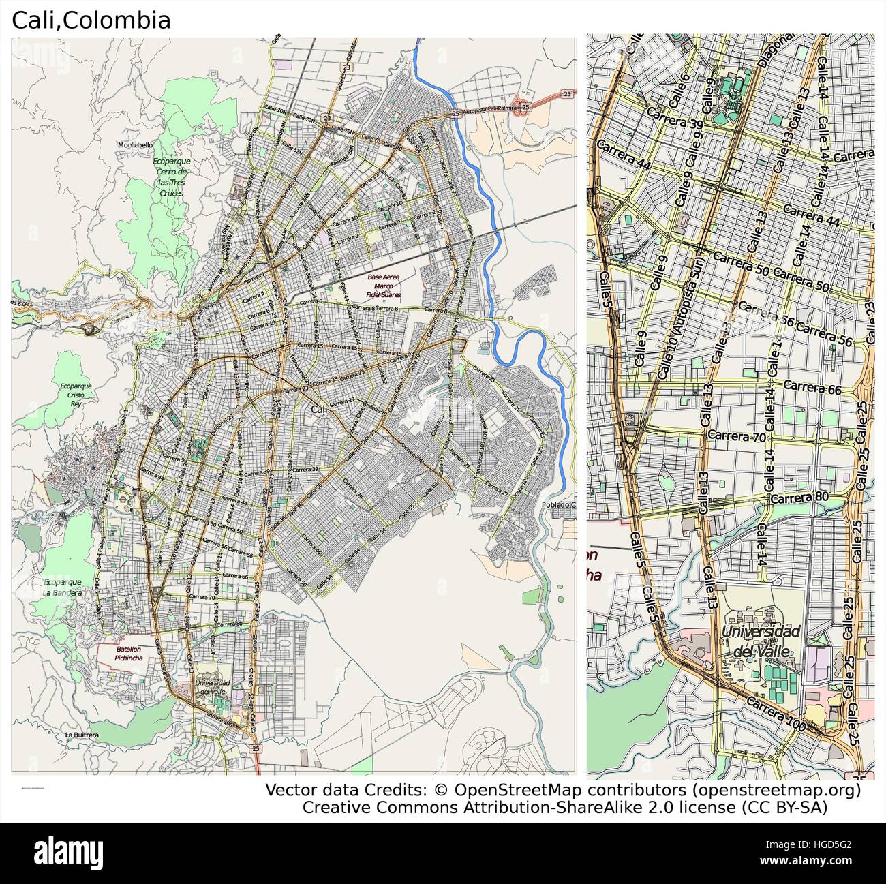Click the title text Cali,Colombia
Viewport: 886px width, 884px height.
[x=91, y=20]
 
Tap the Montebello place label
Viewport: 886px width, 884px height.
[x=135, y=145]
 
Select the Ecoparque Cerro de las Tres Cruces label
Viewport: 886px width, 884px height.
[x=172, y=177]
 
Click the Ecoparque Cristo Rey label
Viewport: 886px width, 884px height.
[x=76, y=394]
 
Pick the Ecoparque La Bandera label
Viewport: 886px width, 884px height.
[x=63, y=587]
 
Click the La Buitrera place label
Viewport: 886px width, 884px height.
[x=82, y=735]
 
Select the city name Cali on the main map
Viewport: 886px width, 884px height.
[x=318, y=410]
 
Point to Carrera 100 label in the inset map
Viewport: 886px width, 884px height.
[x=776, y=714]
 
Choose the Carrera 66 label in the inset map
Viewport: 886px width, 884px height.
[x=812, y=386]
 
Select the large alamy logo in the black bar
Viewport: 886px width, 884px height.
[x=68, y=853]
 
